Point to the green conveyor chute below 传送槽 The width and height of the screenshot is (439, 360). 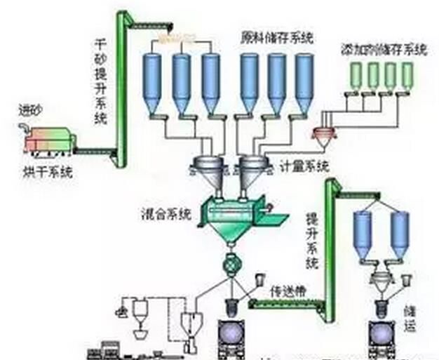pos(285,302)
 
